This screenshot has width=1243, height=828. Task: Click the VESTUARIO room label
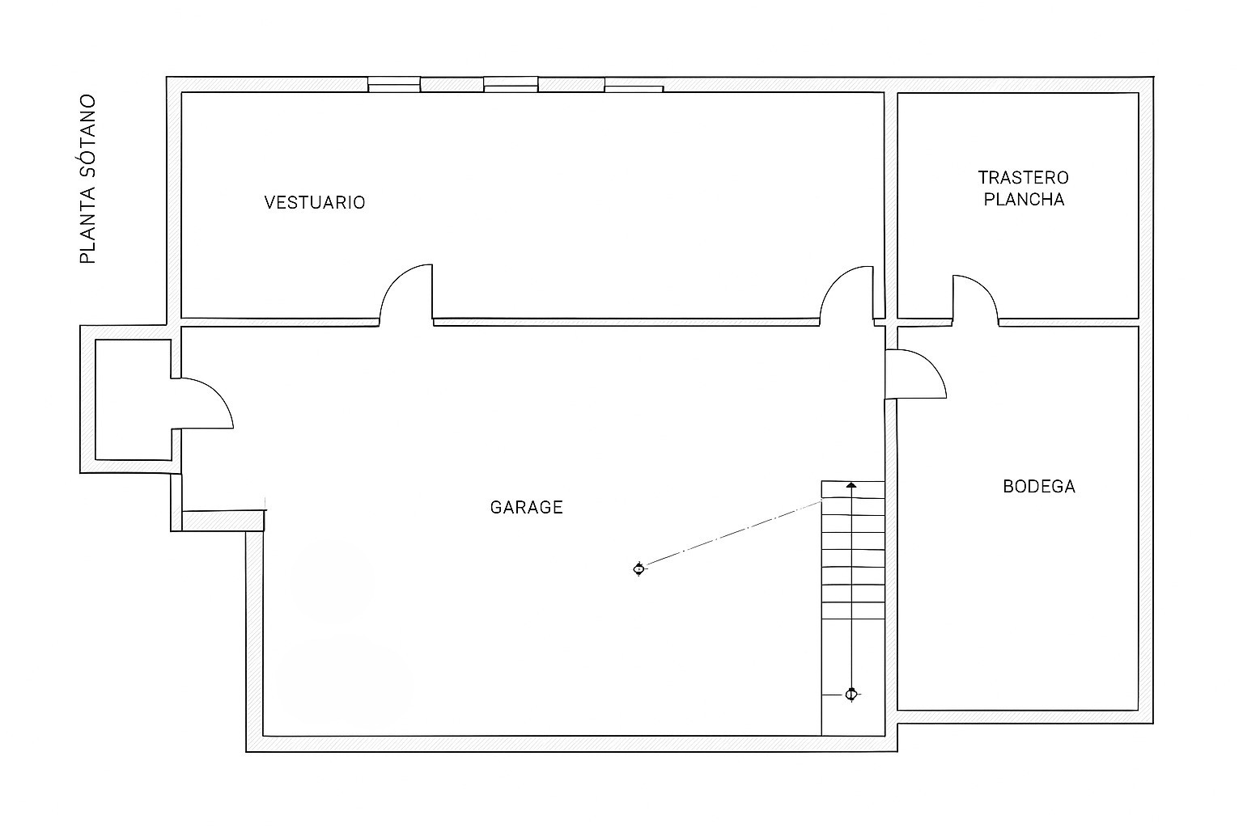pos(315,203)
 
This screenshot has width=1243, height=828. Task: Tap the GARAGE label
pos(527,508)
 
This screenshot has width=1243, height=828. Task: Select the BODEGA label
pos(1039,487)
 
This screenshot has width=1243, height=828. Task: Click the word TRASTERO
pos(1023,178)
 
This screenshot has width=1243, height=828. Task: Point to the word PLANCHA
pos(1024,200)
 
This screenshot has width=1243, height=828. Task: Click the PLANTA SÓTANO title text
pos(87,180)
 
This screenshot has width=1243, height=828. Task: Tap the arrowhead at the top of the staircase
pos(851,485)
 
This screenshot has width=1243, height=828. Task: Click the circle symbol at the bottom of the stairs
pos(851,695)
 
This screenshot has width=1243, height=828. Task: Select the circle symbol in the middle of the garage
pos(638,569)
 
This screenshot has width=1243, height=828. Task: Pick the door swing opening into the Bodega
pos(915,374)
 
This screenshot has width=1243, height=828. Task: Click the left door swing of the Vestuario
pos(405,294)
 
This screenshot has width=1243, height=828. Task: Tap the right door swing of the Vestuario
pos(846,294)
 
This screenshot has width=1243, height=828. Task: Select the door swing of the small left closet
pos(202,403)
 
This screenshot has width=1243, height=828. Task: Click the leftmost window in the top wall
pos(394,85)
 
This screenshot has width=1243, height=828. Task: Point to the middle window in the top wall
pos(511,85)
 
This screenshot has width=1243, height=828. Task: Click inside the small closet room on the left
pos(134,400)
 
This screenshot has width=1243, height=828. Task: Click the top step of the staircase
pos(853,490)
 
